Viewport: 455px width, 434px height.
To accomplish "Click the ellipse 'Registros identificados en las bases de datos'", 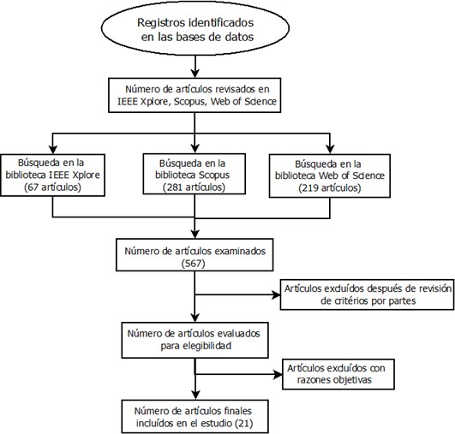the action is (x=195, y=28).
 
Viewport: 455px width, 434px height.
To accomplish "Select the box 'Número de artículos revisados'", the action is (x=195, y=95).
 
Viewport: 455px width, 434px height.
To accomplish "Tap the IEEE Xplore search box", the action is (x=52, y=175).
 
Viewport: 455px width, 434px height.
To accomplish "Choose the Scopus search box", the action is (x=195, y=174).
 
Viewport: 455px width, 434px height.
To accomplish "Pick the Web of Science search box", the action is (x=330, y=176).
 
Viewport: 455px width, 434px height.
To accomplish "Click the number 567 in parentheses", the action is (x=194, y=264).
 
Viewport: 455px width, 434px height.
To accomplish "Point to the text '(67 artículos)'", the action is (x=52, y=187).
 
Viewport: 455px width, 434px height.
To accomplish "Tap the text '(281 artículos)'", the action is (x=194, y=187).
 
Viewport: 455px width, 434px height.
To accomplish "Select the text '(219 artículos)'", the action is (x=330, y=188).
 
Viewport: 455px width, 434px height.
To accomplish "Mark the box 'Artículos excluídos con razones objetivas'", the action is (x=338, y=374).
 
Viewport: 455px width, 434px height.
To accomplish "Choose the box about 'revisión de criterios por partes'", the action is (x=367, y=294).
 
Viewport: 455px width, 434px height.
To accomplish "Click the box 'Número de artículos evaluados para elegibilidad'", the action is (x=195, y=340).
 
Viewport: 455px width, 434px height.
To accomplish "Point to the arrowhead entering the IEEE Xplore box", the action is (x=52, y=149).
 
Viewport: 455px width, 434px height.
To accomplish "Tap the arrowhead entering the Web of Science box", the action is (x=330, y=149).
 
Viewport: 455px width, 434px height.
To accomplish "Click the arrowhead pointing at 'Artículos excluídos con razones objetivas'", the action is (x=278, y=374).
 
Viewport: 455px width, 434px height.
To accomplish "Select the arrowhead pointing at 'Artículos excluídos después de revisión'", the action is (x=276, y=294).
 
